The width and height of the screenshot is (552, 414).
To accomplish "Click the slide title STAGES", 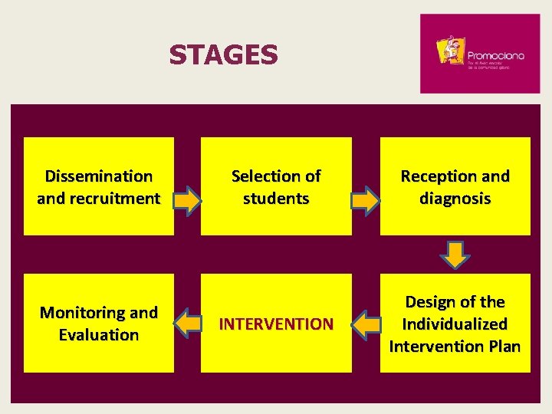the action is click(223, 55).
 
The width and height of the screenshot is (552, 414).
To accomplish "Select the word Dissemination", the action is click(99, 176).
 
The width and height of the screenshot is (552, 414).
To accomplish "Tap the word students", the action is click(276, 199).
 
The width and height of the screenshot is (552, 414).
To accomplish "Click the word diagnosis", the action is click(455, 199).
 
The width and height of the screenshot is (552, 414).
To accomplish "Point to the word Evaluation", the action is click(99, 335).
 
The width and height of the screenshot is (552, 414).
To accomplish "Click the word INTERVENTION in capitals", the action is click(276, 324).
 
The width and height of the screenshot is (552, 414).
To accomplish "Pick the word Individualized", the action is click(455, 324).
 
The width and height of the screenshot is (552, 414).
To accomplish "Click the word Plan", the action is click(504, 347).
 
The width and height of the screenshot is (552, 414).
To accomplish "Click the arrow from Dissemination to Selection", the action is click(187, 201).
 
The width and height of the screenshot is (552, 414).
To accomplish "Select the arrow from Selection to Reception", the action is click(365, 201).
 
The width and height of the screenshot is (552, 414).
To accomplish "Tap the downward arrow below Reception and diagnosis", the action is click(455, 254).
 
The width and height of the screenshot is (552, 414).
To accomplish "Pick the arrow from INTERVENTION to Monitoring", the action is click(188, 324).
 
